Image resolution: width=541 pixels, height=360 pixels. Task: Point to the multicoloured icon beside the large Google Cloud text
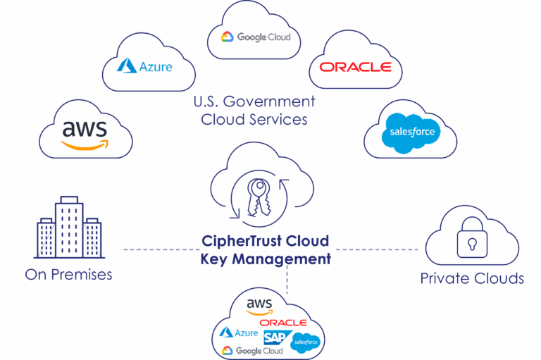pyautogui.click(x=228, y=37)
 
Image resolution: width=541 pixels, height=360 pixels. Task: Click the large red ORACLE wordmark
pyautogui.click(x=355, y=67)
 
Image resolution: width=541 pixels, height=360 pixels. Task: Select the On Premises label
pyautogui.click(x=69, y=275)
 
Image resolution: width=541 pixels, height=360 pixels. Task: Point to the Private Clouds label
pyautogui.click(x=472, y=278)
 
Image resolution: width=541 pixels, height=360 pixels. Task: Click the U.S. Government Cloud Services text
pyautogui.click(x=254, y=111)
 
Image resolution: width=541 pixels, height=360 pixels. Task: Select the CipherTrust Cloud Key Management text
pyautogui.click(x=265, y=250)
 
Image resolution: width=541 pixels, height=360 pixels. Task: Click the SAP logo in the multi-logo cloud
pyautogui.click(x=275, y=337)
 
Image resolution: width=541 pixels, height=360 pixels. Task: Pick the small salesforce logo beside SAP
pyautogui.click(x=305, y=342)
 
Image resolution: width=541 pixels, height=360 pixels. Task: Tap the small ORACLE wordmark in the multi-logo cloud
pyautogui.click(x=283, y=323)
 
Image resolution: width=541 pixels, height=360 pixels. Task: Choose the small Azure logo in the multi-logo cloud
pyautogui.click(x=239, y=333)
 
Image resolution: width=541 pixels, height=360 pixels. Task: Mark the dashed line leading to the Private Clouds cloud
pyautogui.click(x=376, y=249)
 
